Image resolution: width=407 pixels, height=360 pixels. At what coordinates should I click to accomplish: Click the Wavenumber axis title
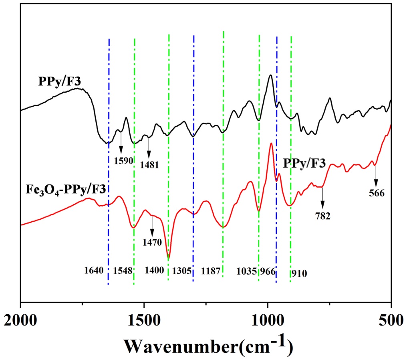(206, 344)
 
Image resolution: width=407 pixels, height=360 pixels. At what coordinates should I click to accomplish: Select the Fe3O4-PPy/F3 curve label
(66, 188)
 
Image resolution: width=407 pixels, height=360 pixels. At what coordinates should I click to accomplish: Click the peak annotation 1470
(152, 242)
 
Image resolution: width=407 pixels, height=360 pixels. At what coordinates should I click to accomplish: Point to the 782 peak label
(322, 216)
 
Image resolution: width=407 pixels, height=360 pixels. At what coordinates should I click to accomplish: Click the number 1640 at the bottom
(94, 271)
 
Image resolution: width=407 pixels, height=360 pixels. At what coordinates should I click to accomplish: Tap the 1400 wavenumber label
(154, 271)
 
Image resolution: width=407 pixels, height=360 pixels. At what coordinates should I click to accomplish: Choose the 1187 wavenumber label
(211, 271)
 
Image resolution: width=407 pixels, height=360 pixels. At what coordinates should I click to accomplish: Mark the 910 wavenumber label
(300, 274)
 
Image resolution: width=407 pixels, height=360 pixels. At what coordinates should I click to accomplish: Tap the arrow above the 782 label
(322, 198)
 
